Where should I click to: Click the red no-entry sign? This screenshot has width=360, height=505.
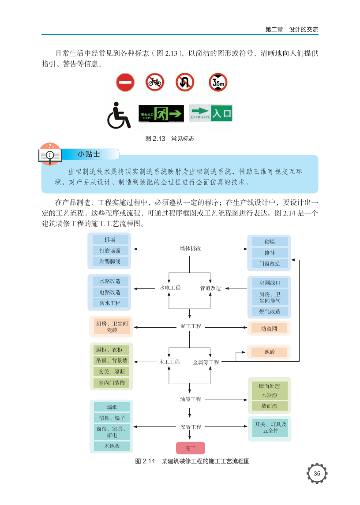click(125, 82)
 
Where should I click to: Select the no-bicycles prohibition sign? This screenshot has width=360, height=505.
click(154, 82)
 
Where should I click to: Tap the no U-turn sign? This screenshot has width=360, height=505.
click(185, 82)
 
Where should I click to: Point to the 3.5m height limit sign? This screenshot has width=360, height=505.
click(218, 82)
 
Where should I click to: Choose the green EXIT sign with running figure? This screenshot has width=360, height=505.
click(161, 114)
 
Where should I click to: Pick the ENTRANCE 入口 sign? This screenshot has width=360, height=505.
click(211, 113)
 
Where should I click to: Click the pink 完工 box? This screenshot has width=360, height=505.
click(191, 448)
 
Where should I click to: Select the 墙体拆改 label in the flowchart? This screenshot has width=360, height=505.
click(190, 249)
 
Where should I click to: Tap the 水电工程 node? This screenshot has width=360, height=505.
click(170, 288)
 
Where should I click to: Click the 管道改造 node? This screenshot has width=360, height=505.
click(210, 288)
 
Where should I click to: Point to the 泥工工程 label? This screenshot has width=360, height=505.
click(191, 326)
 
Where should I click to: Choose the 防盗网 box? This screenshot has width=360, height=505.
click(269, 328)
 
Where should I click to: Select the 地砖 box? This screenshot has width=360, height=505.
click(269, 352)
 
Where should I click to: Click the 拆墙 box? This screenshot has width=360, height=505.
click(110, 239)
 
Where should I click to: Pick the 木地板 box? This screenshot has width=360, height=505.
click(112, 446)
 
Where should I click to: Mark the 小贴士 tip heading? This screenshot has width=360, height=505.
click(89, 154)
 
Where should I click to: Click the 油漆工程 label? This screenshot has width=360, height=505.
click(191, 400)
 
